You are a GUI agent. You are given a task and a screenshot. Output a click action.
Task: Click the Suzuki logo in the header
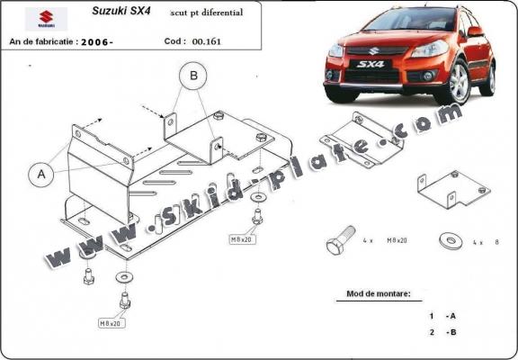[x=39, y=17]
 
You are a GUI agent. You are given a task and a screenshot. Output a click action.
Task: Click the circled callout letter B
[x=192, y=78]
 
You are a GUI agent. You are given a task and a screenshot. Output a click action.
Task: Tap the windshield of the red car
[x=388, y=22]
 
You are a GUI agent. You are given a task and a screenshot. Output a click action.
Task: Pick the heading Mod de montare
[x=379, y=293]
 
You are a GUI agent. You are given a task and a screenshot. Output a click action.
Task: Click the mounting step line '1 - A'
[x=443, y=317]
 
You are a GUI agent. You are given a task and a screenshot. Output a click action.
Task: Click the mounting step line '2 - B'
[x=443, y=333]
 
